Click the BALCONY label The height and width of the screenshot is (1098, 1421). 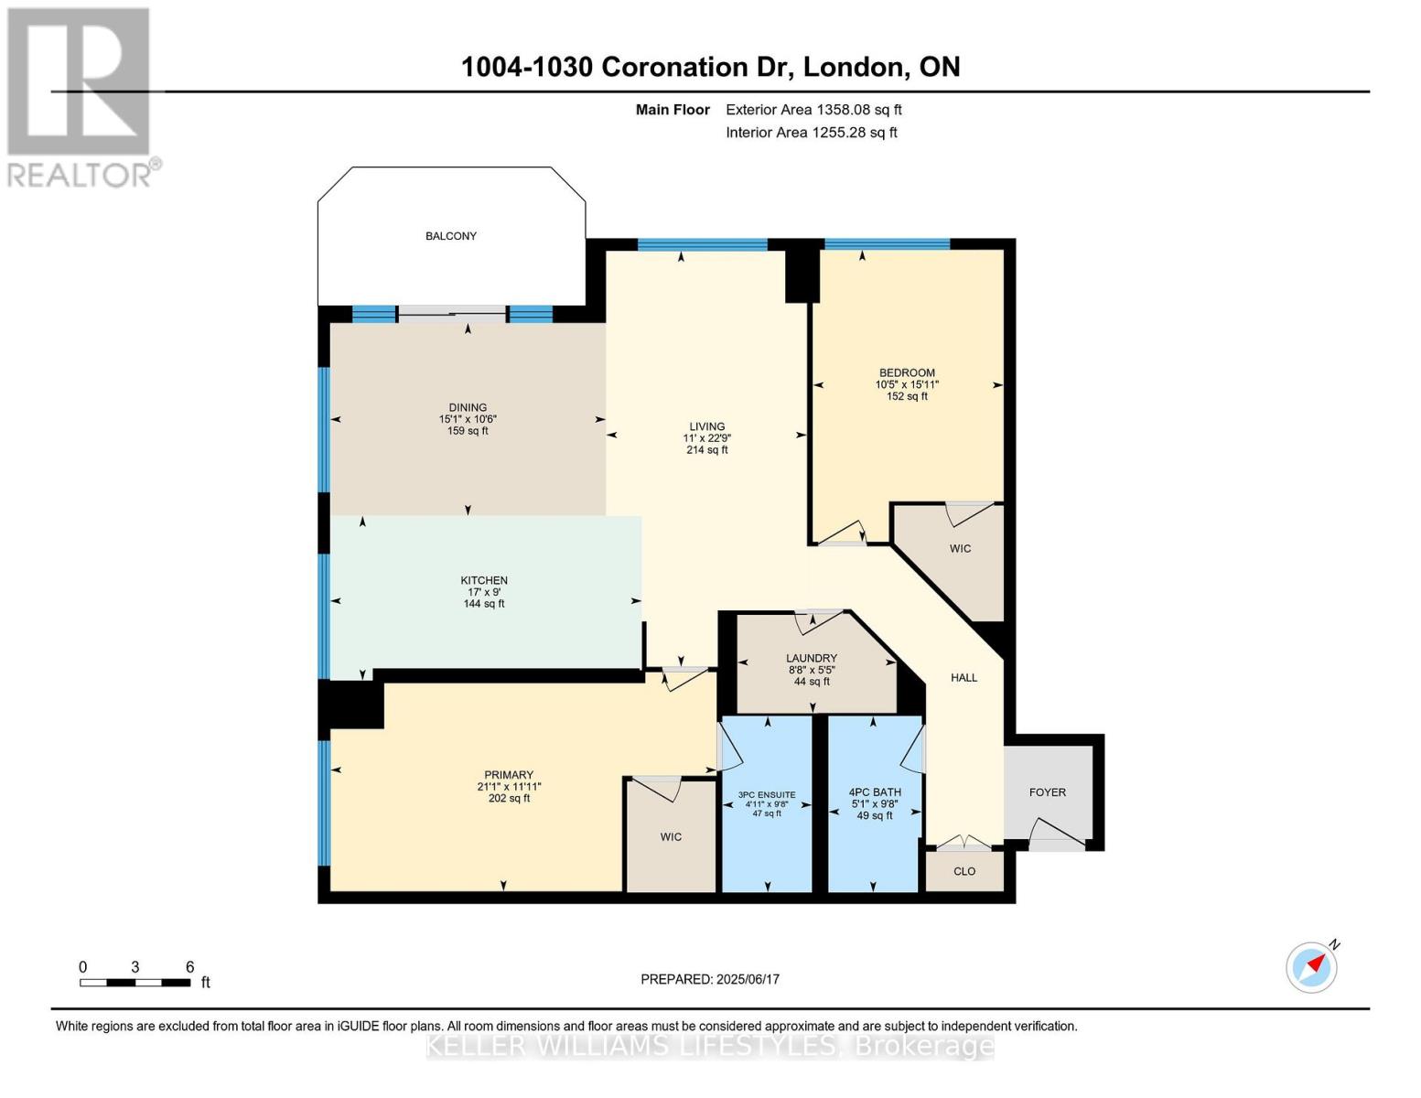[450, 236]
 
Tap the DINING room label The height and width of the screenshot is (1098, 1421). [468, 408]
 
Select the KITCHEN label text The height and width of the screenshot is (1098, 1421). [484, 580]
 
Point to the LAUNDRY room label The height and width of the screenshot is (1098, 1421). [812, 658]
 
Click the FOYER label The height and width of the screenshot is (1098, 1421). [1048, 792]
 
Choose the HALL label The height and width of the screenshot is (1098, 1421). [963, 678]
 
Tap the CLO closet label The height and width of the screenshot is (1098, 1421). [964, 871]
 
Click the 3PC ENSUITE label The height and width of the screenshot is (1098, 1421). [767, 794]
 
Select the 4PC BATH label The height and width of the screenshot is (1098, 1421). [875, 792]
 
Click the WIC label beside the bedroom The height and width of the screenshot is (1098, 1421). [960, 549]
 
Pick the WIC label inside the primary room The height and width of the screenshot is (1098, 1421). [671, 837]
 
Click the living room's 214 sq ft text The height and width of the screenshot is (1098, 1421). [707, 450]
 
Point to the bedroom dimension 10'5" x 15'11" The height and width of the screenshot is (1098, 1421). [907, 385]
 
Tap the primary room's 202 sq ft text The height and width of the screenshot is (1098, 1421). [509, 799]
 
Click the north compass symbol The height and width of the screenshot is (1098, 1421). [1312, 966]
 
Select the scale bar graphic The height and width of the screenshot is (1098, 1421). [135, 983]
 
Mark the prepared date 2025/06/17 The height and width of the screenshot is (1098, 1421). [748, 979]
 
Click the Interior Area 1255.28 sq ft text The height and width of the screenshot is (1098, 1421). [811, 133]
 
